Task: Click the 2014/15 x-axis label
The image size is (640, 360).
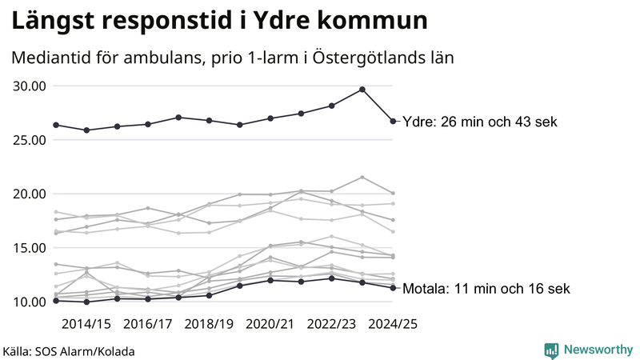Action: tap(86, 324)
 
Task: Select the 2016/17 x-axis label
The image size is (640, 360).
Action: tap(147, 324)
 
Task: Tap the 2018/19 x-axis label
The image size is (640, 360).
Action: tap(209, 324)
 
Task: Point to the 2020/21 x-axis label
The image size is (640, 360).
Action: tap(270, 324)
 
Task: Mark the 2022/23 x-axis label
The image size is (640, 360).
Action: tap(331, 324)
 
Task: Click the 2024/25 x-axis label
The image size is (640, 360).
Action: tap(392, 324)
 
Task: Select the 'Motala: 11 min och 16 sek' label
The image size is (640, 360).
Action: tap(486, 289)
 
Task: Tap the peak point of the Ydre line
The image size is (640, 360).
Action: tap(362, 90)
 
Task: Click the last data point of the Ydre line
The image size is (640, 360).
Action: tap(393, 121)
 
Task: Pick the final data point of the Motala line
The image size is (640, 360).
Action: tap(393, 288)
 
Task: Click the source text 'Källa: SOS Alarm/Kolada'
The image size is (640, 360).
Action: tap(69, 351)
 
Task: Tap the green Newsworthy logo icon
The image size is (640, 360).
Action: tap(551, 350)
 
